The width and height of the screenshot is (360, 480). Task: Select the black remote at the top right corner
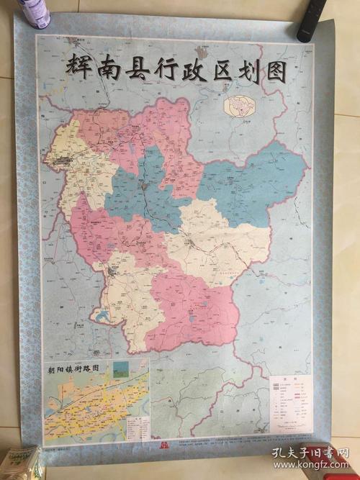(x=312, y=19)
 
